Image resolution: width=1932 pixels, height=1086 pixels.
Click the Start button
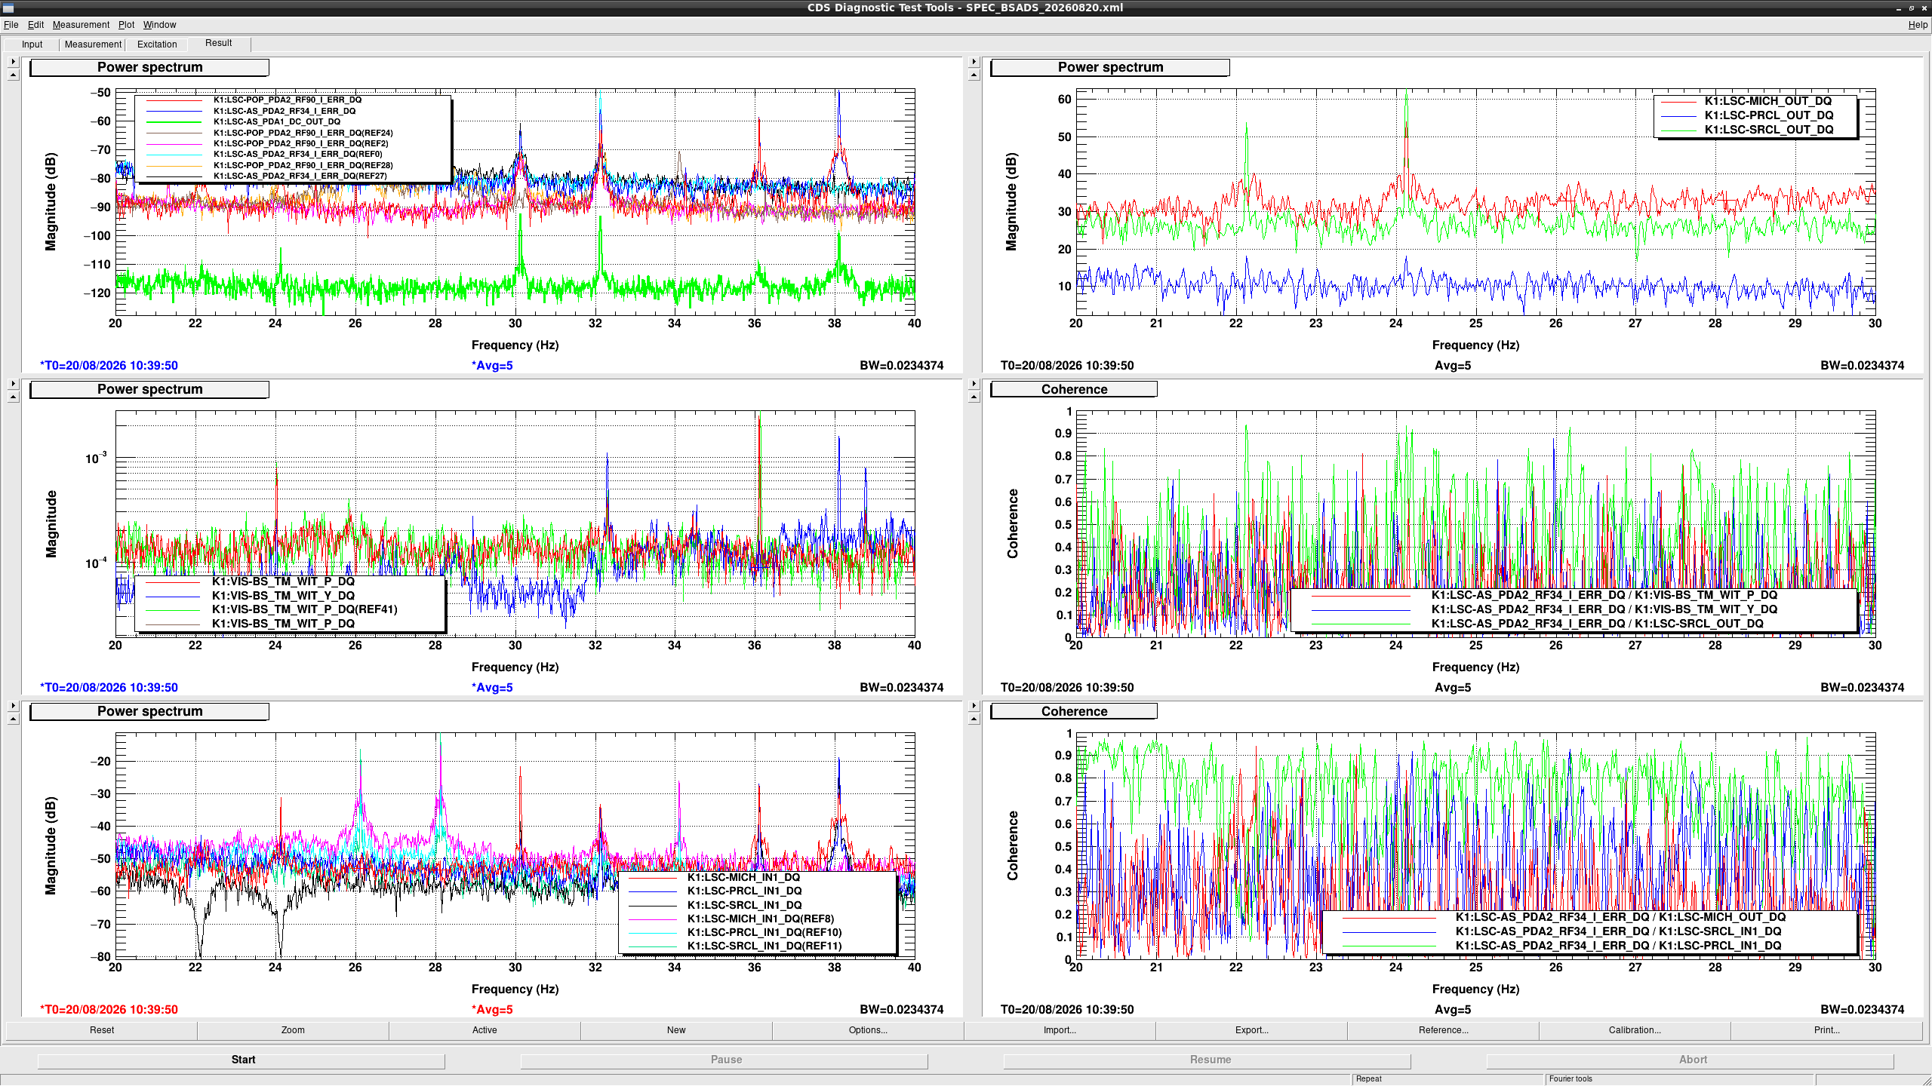pyautogui.click(x=242, y=1060)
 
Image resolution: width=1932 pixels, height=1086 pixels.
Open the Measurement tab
pyautogui.click(x=93, y=44)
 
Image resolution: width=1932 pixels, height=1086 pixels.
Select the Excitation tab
pyautogui.click(x=157, y=44)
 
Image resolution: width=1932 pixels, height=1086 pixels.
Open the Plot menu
pyautogui.click(x=126, y=25)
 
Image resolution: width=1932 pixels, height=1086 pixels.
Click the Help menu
pyautogui.click(x=1918, y=25)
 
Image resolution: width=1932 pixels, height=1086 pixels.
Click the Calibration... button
pyautogui.click(x=1635, y=1030)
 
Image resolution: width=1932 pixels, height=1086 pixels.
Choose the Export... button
pyautogui.click(x=1251, y=1030)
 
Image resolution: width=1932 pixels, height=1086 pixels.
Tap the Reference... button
pyautogui.click(x=1443, y=1030)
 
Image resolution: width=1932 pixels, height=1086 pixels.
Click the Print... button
pyautogui.click(x=1826, y=1030)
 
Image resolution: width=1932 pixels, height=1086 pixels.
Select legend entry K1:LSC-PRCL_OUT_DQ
pyautogui.click(x=1768, y=115)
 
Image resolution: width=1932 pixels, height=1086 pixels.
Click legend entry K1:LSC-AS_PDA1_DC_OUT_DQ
pyautogui.click(x=276, y=121)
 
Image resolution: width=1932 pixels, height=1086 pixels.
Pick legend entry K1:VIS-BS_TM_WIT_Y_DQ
pyautogui.click(x=283, y=595)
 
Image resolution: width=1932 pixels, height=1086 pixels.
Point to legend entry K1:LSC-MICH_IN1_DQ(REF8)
pyautogui.click(x=760, y=919)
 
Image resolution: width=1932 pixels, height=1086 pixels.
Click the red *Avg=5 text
pyautogui.click(x=492, y=1009)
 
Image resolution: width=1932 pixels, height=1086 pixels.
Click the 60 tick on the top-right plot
pyautogui.click(x=1064, y=100)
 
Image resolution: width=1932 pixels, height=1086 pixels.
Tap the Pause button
pyautogui.click(x=725, y=1060)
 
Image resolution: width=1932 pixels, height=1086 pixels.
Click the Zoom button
pyautogui.click(x=293, y=1030)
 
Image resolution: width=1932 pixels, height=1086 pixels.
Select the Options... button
pyautogui.click(x=868, y=1030)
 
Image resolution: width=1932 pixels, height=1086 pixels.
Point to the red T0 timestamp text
pyautogui.click(x=109, y=1009)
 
